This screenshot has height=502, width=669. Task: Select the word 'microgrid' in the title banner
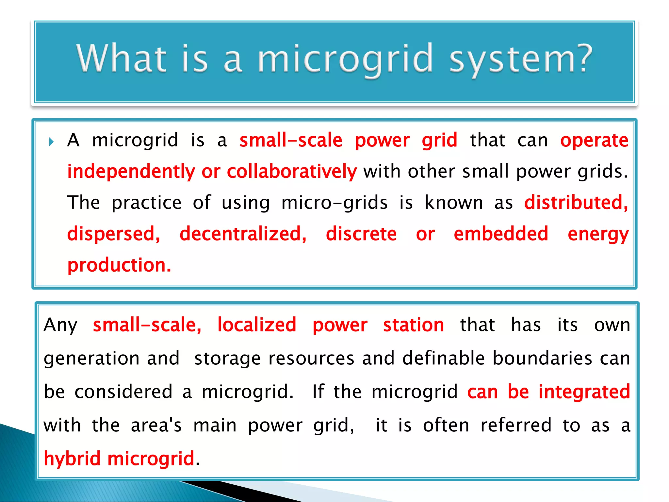coord(345,59)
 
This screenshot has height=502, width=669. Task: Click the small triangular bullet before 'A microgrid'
coord(51,142)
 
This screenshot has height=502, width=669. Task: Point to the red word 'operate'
coord(594,141)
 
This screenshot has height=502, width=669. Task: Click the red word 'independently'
coord(131,172)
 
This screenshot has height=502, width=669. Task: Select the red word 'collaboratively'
coord(292,172)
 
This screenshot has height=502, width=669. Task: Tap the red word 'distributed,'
coord(576,203)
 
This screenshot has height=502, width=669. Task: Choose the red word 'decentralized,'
coord(243,234)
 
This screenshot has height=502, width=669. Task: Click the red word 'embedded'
coord(501,234)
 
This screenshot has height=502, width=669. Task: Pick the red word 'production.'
coord(119,265)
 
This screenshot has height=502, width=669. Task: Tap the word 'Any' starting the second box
coord(60,326)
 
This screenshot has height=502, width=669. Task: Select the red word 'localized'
coord(257,325)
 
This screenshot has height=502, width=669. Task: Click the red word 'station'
coord(413,325)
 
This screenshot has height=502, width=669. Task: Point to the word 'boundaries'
coord(542,358)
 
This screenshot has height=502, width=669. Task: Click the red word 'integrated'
coord(584,392)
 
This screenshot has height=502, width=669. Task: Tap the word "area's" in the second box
coord(156,426)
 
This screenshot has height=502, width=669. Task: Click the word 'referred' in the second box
coord(516,426)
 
